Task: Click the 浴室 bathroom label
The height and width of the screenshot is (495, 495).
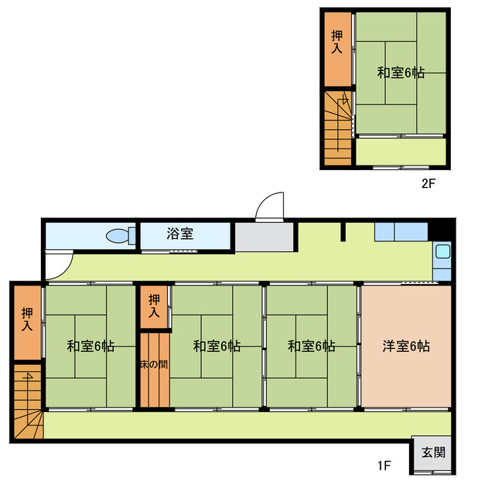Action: click(x=179, y=234)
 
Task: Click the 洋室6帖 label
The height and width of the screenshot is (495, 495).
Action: click(x=406, y=346)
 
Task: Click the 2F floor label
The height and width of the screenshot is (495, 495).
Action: click(x=429, y=184)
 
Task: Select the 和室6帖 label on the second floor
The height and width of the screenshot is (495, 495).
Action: click(x=401, y=73)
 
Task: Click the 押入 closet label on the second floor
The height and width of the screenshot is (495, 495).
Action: click(x=336, y=41)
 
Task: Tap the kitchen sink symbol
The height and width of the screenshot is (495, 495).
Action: click(x=442, y=251)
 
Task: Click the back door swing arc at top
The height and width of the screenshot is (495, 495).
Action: click(x=270, y=205)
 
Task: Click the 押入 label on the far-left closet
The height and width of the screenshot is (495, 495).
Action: click(x=27, y=320)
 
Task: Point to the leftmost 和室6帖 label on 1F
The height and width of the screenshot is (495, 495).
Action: click(x=90, y=346)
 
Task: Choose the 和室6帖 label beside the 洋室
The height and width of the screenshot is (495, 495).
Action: click(x=311, y=346)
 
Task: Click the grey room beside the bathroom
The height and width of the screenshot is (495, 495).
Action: click(x=264, y=237)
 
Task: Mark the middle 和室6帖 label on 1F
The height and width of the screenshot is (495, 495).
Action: click(x=217, y=346)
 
